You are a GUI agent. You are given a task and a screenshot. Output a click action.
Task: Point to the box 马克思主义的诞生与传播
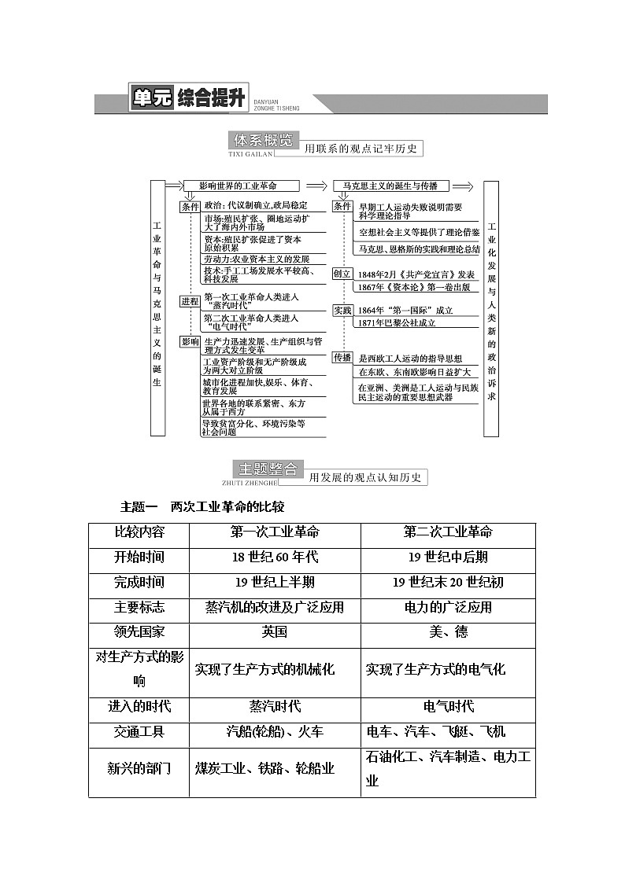[x=390, y=186]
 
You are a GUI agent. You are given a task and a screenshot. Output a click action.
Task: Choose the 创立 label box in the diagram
[x=342, y=274]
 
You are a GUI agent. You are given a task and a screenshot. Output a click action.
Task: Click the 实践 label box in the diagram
[x=342, y=311]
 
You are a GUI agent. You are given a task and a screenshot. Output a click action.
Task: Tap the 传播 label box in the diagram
[x=342, y=358]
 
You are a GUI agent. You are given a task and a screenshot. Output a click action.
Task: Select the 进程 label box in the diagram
[x=190, y=301]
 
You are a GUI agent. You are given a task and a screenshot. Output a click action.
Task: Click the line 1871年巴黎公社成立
[x=396, y=322]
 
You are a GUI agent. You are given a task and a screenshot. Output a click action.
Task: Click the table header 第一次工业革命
[x=275, y=532]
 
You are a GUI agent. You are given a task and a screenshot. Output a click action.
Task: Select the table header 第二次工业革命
[x=448, y=532]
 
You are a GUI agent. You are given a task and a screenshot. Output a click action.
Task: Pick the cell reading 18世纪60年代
[x=275, y=557]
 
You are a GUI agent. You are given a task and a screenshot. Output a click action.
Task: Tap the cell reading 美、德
[x=448, y=632]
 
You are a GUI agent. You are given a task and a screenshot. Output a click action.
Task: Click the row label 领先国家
[x=139, y=632]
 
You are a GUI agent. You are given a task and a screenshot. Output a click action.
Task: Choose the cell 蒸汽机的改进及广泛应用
[x=275, y=607]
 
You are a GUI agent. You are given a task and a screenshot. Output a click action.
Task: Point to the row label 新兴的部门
[x=139, y=768]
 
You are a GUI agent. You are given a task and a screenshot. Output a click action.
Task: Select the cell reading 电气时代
[x=448, y=706]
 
